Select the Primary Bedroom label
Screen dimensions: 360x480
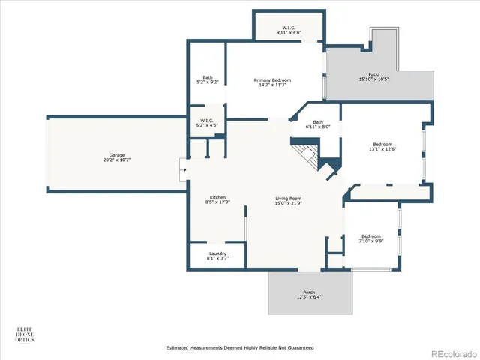coord(272,79)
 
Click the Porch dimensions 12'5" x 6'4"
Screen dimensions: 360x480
coord(309,298)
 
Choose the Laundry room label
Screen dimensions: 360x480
coord(217,253)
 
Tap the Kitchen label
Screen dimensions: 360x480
coord(217,197)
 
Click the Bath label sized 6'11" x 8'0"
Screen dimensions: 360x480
coord(318,122)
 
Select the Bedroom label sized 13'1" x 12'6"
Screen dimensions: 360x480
coord(383,144)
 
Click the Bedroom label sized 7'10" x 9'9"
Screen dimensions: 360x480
coord(370,235)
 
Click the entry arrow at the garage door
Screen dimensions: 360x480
coord(181,169)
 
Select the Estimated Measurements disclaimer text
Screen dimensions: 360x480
coord(239,348)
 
